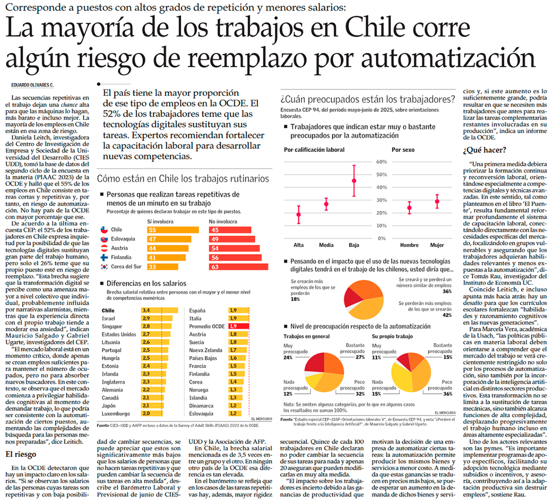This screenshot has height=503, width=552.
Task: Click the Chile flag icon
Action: click(x=105, y=230)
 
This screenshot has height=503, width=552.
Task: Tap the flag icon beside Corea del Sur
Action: click(x=105, y=266)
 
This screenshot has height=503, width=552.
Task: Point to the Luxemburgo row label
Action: click(x=116, y=413)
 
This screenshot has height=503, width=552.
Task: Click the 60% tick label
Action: click(x=380, y=162)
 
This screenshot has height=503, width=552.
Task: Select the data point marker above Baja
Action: click(x=354, y=181)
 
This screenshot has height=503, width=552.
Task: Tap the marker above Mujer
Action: click(x=437, y=202)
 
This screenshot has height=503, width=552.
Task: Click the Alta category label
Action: click(x=299, y=245)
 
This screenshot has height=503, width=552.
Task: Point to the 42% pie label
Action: click(x=447, y=315)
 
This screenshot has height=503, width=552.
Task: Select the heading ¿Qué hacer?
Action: click(x=484, y=150)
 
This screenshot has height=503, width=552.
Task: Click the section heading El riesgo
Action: click(x=22, y=454)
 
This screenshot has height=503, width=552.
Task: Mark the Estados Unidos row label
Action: click(x=118, y=334)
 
